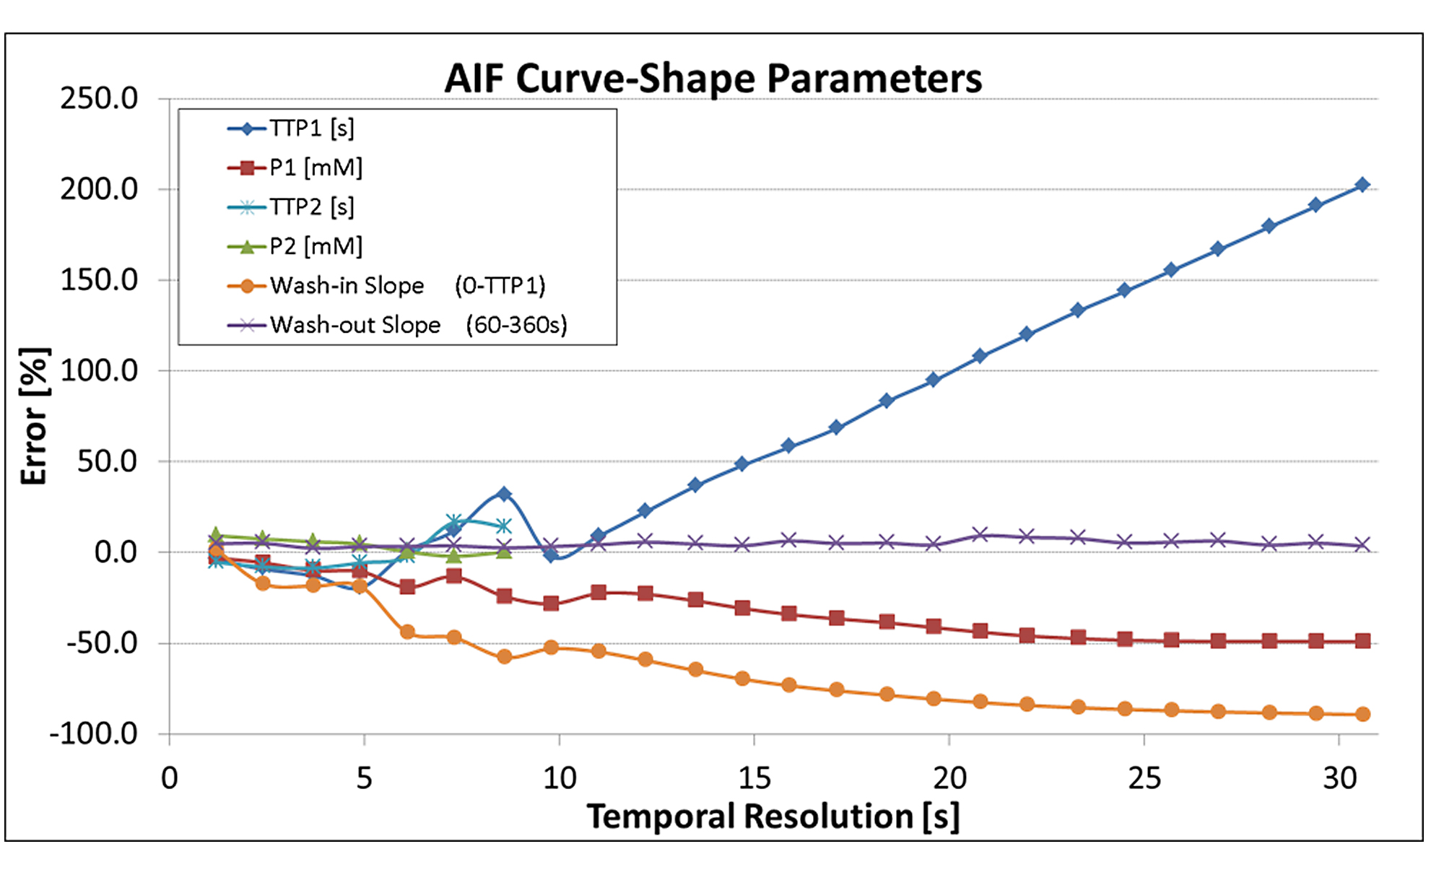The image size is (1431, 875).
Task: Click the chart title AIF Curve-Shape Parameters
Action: click(713, 78)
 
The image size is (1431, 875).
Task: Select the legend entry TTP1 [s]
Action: click(311, 129)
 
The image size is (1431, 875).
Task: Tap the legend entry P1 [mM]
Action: click(316, 168)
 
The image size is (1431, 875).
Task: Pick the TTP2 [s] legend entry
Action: click(311, 207)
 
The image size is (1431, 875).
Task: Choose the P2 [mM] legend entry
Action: click(316, 247)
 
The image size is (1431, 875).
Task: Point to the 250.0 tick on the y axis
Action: click(99, 99)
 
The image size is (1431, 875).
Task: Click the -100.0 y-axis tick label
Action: click(94, 734)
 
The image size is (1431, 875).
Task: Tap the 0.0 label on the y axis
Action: click(116, 552)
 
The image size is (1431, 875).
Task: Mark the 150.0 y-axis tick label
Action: click(99, 280)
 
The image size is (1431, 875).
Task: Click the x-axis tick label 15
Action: click(754, 778)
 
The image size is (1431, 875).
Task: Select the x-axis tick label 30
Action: click(1339, 778)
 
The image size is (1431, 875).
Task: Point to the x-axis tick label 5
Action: click(364, 778)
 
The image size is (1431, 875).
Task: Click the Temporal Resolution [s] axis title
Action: click(773, 817)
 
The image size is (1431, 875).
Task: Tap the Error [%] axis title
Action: click(35, 416)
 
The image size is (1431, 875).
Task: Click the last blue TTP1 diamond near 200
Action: click(1362, 185)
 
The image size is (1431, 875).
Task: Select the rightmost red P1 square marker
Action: click(1362, 641)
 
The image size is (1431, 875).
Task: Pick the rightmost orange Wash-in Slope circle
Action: click(1362, 714)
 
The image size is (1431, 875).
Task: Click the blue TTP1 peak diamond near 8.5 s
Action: click(504, 494)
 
